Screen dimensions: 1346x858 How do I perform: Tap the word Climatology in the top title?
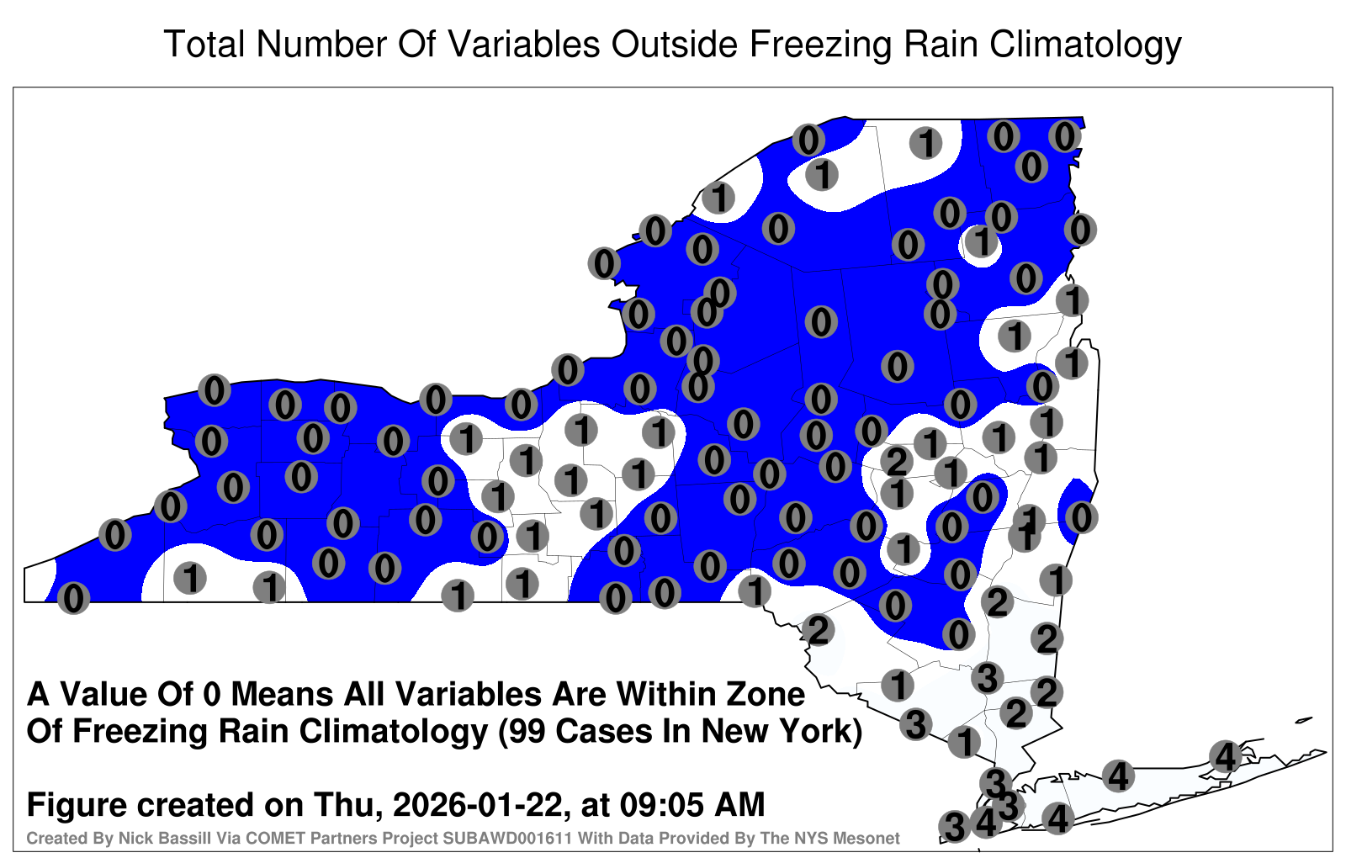click(1085, 45)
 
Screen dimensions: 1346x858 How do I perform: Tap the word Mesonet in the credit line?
click(867, 838)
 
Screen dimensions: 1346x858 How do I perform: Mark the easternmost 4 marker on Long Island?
click(1225, 756)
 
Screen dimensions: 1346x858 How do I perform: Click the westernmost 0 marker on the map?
click(73, 598)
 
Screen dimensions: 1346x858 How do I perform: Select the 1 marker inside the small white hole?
click(981, 241)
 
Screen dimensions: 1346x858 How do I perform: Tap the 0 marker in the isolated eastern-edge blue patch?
click(1081, 517)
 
